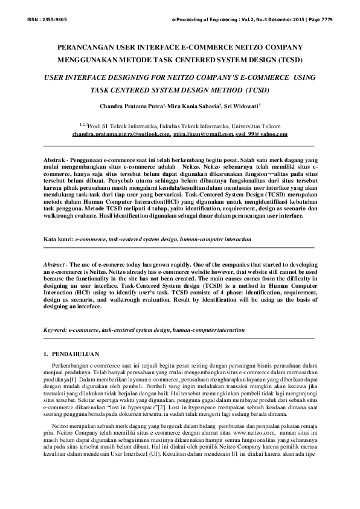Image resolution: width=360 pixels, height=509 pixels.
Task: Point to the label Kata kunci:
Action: (x=58, y=240)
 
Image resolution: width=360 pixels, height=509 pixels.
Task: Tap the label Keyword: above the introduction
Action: (x=55, y=331)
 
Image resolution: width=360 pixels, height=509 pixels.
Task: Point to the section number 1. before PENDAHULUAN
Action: (x=47, y=353)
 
